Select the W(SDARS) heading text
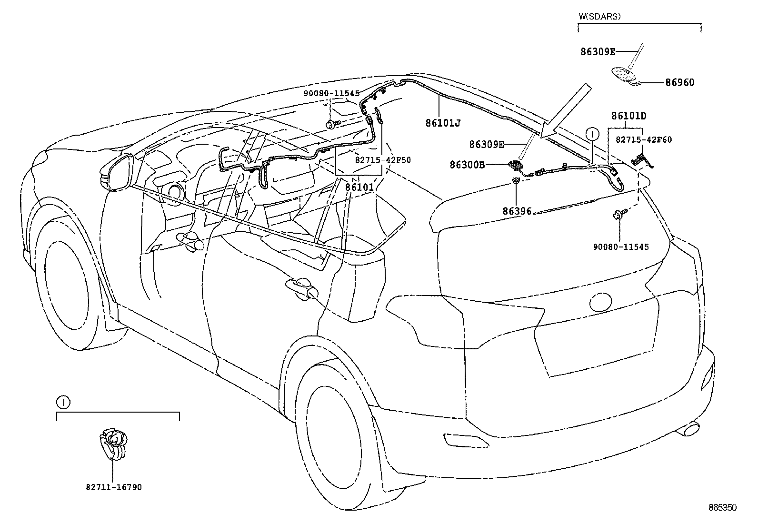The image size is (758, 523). point(600,16)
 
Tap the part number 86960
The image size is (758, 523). point(679,83)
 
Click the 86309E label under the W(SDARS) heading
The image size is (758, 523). point(598,52)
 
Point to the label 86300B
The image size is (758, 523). point(467,165)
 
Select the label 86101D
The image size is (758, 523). point(628,116)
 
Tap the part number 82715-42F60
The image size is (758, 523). point(643,139)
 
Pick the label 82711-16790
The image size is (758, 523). point(114,487)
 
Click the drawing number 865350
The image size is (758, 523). point(722,508)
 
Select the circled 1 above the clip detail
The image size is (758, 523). point(63,403)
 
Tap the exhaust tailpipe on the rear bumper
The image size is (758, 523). point(688,430)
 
